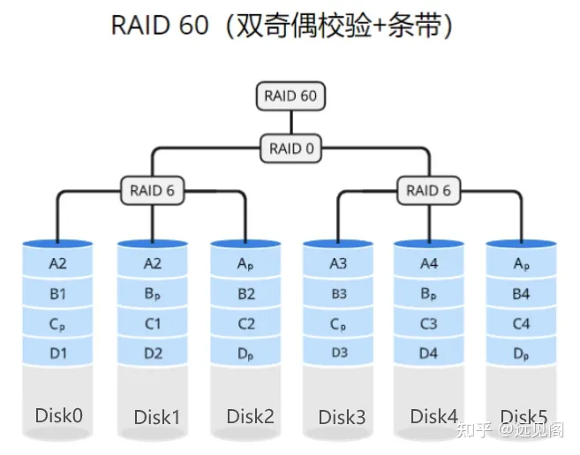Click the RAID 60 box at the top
290,95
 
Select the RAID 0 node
290,148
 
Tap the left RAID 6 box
152,189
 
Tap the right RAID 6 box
428,189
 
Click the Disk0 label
59,415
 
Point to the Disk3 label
337,416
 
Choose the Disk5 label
524,416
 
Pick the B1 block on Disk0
59,293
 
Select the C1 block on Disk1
152,324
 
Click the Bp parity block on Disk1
152,293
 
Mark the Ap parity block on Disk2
245,263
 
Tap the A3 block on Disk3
337,263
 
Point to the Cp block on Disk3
337,324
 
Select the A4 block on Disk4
428,263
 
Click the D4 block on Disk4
428,354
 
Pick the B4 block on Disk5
521,293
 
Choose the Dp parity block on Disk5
521,354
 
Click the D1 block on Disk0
59,354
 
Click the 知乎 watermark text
469,431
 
